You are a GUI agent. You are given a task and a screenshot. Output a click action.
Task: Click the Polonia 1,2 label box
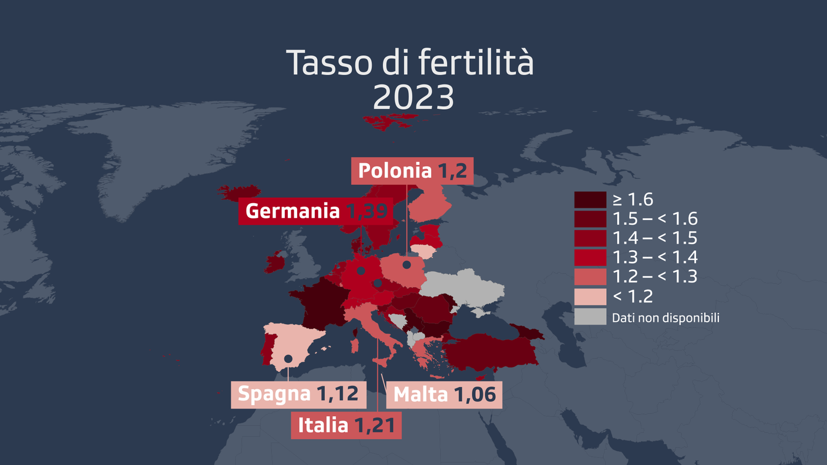pyautogui.click(x=412, y=171)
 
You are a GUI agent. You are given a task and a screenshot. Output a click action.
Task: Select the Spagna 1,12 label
pyautogui.click(x=298, y=394)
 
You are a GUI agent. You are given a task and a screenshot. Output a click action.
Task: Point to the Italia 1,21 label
pyautogui.click(x=346, y=425)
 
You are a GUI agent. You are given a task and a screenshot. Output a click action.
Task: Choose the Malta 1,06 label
pyautogui.click(x=444, y=395)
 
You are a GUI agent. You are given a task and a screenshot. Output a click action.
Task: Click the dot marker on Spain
pyautogui.click(x=288, y=358)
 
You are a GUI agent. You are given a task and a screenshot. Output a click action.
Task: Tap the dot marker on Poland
pyautogui.click(x=406, y=265)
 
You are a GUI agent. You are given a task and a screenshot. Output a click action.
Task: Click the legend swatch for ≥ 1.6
pyautogui.click(x=590, y=200)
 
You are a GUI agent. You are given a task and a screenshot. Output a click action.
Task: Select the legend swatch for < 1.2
pyautogui.click(x=590, y=296)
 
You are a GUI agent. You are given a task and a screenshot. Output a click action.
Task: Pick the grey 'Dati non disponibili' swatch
pyautogui.click(x=590, y=317)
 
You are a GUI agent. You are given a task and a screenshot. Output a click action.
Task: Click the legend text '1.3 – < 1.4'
pyautogui.click(x=654, y=257)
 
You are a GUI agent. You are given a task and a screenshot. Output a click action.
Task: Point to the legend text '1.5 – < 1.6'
pyautogui.click(x=654, y=219)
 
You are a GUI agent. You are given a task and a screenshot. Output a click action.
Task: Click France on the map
pyautogui.click(x=320, y=302)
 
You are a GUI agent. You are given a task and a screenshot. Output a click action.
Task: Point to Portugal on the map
pyautogui.click(x=267, y=348)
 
